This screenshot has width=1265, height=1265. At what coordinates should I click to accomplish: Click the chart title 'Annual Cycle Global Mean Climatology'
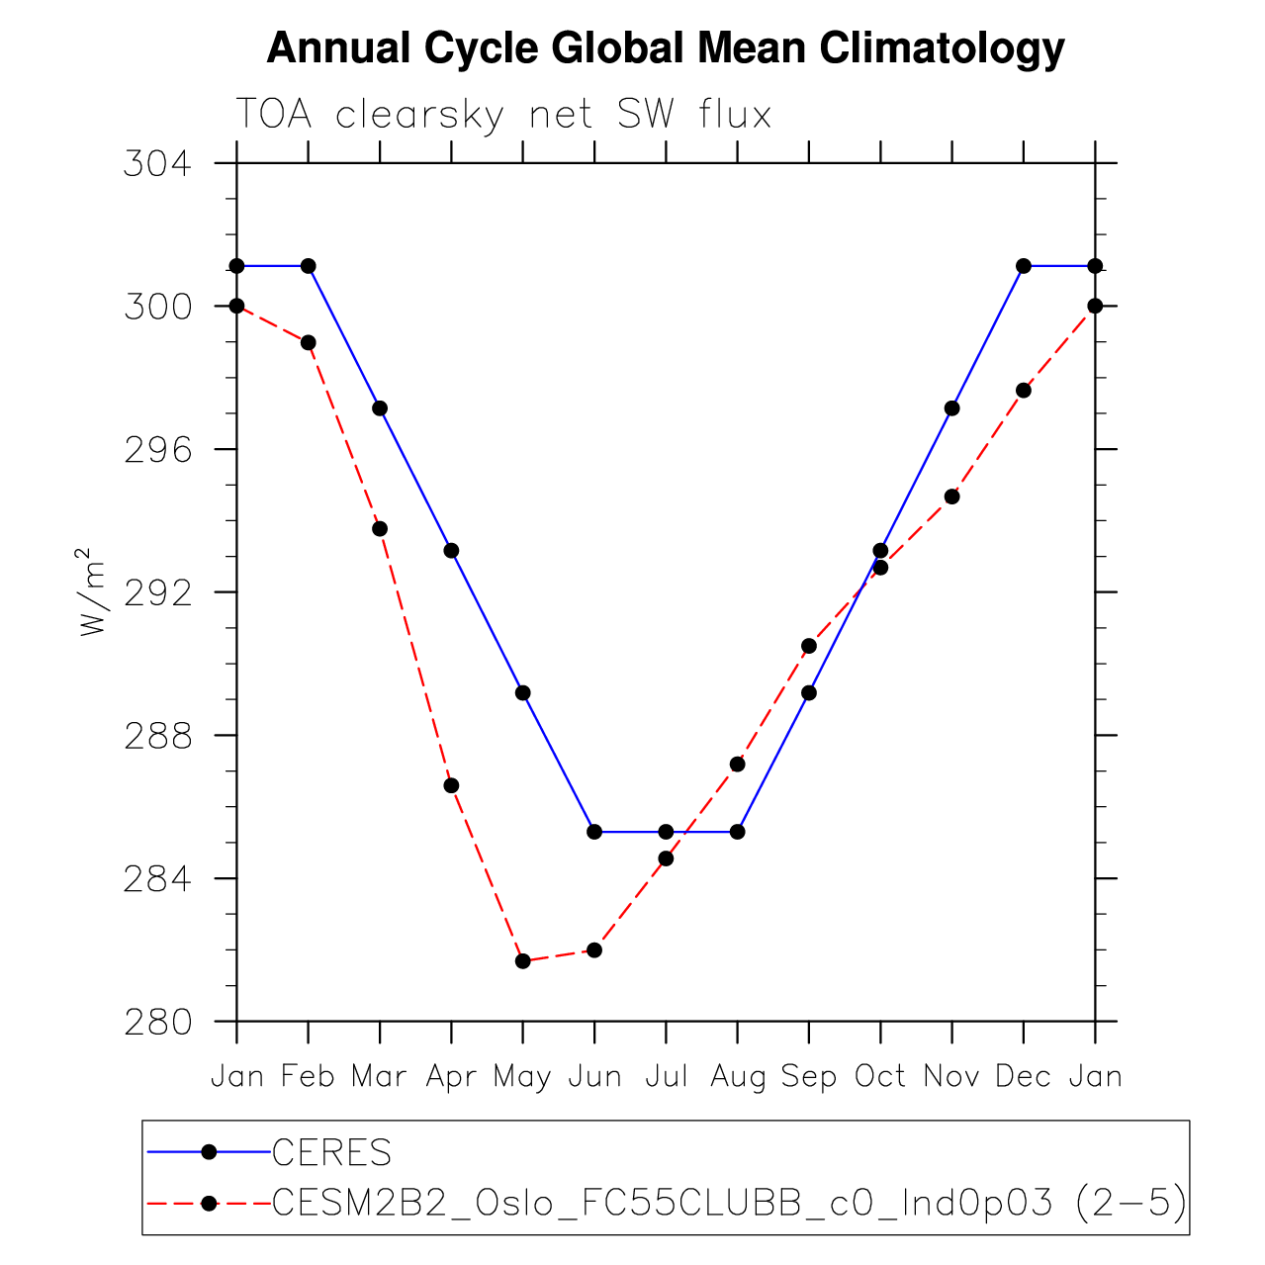point(665,48)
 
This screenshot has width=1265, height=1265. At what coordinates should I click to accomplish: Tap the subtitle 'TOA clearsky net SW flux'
point(503,116)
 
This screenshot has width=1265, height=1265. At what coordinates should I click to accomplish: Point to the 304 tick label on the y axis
point(156,163)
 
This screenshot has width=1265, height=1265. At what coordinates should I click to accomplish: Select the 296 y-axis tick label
point(156,449)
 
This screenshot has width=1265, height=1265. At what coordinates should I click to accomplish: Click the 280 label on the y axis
point(156,1022)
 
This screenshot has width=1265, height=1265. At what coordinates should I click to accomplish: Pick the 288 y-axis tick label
point(156,736)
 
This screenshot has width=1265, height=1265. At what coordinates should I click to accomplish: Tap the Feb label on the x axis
point(308,1076)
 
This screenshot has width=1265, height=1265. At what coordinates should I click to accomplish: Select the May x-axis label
point(522,1076)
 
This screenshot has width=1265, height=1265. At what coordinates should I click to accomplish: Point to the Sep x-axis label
point(809,1076)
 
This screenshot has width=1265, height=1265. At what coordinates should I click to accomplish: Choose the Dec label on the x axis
point(1023,1076)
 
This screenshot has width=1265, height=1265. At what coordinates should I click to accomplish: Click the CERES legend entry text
point(332,1152)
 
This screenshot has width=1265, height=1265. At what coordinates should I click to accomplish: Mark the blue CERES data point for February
point(309,266)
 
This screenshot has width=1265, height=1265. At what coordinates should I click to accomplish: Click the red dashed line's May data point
point(523,961)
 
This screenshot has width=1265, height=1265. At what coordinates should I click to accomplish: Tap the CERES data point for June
point(594,832)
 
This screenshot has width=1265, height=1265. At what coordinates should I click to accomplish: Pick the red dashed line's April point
point(451,785)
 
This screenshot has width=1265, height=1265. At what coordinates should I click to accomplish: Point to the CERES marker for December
point(1024,266)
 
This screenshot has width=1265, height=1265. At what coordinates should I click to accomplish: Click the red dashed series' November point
point(951,497)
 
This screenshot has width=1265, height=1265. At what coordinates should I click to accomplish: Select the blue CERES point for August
point(737,832)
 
